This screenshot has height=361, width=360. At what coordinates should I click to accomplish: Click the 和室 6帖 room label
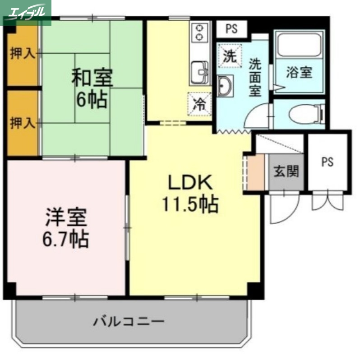92,88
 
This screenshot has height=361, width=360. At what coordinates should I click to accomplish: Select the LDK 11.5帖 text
190,194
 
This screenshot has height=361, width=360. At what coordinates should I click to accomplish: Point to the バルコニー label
129,322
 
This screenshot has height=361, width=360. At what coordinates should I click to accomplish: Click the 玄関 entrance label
286,171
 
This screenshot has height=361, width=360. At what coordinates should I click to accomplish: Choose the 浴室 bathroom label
299,72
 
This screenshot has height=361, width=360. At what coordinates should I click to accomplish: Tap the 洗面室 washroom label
255,77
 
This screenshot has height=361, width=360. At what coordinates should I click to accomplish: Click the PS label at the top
231,29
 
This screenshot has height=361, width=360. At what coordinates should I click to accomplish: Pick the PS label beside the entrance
328,162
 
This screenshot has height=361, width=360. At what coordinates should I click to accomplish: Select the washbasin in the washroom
225,85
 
